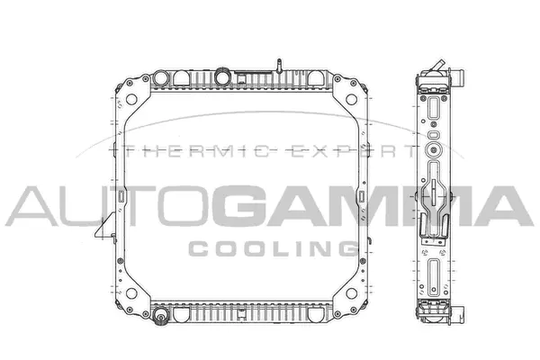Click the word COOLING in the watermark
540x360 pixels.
(x=269, y=247)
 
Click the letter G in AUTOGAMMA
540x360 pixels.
(x=241, y=206)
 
